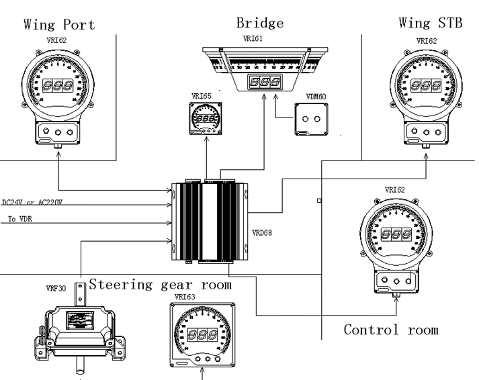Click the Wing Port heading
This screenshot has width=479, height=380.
tap(59, 24)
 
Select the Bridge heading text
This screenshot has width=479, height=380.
tap(260, 22)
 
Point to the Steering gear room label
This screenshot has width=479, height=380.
tap(161, 284)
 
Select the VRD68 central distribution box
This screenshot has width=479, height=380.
tap(210, 222)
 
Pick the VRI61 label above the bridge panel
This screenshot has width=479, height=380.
tap(258, 40)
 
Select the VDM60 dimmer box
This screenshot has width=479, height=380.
tap(310, 120)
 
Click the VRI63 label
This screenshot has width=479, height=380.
tap(183, 295)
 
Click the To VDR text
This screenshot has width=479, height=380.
tap(21, 219)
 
